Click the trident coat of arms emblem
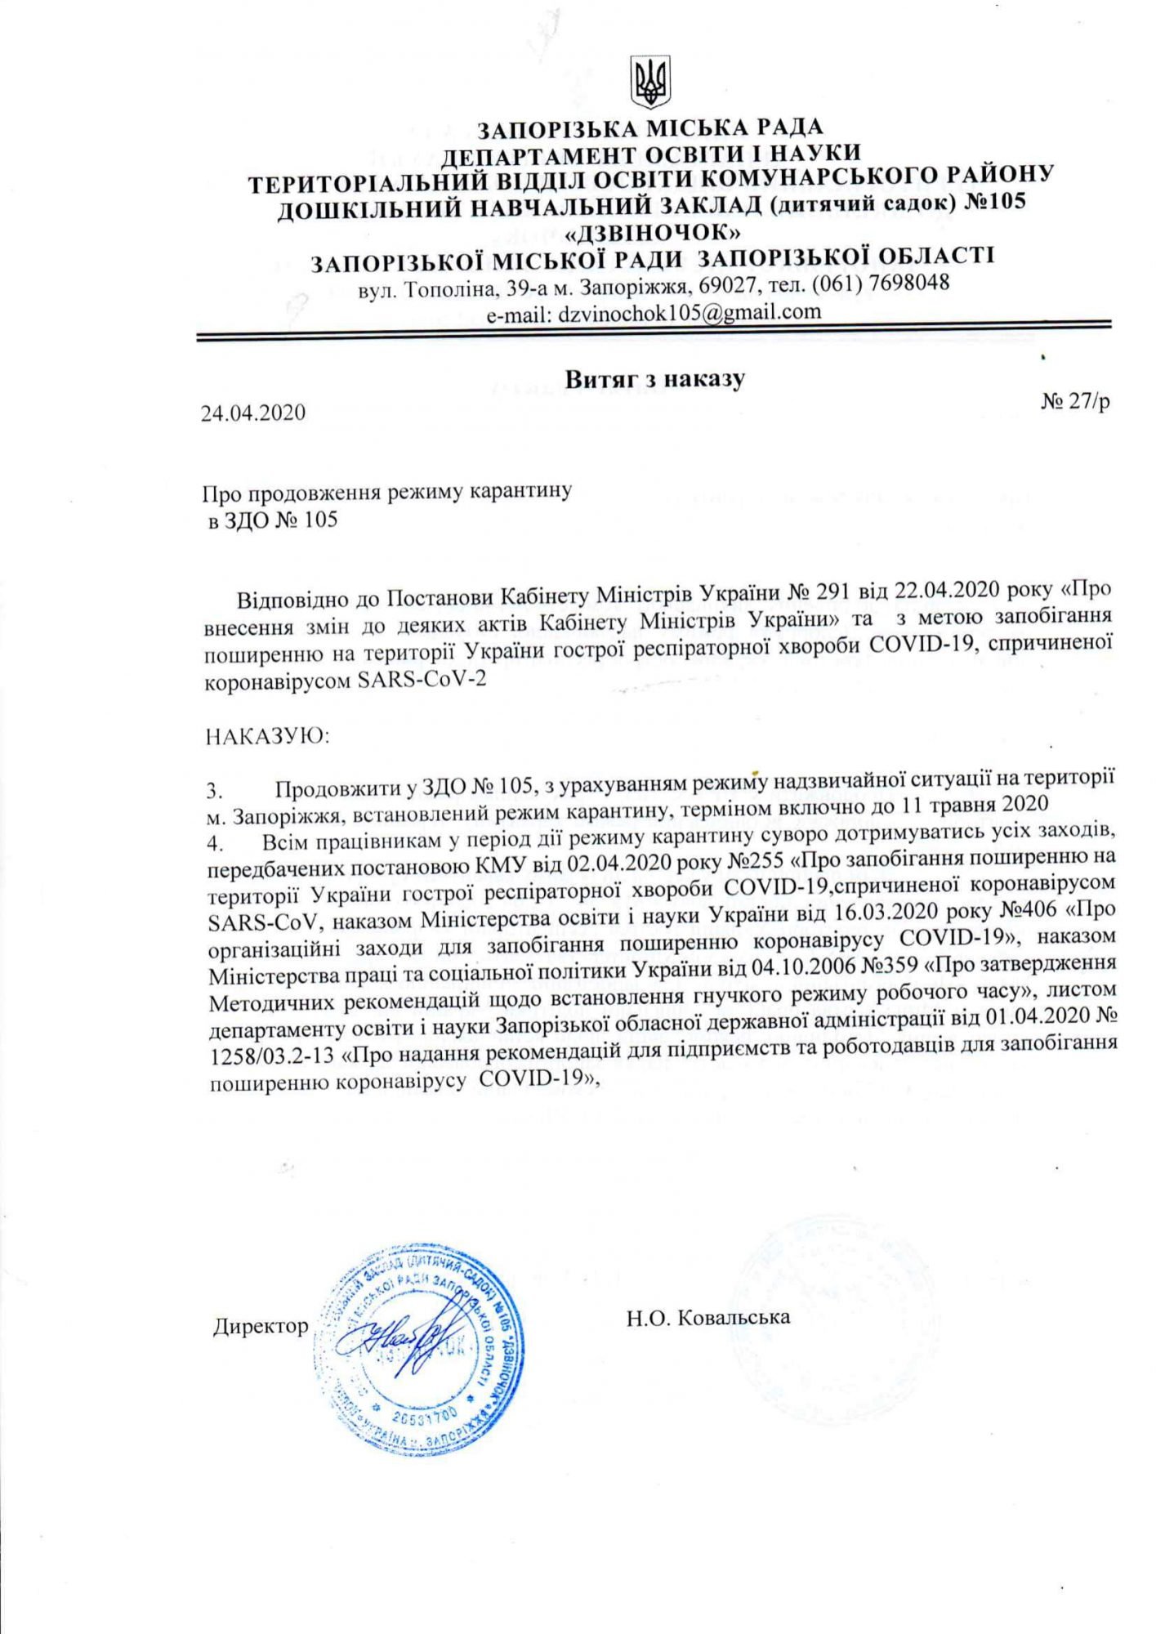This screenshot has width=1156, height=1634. coord(651,83)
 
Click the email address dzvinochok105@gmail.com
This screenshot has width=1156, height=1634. coord(689,311)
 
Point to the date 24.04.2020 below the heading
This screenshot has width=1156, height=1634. coord(253,413)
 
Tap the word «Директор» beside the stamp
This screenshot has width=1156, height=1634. coord(261,1325)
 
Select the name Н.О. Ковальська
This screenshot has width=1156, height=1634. coord(708,1317)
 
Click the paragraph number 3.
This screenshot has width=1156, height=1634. coord(214,792)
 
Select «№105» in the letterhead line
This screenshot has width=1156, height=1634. coord(993,201)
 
